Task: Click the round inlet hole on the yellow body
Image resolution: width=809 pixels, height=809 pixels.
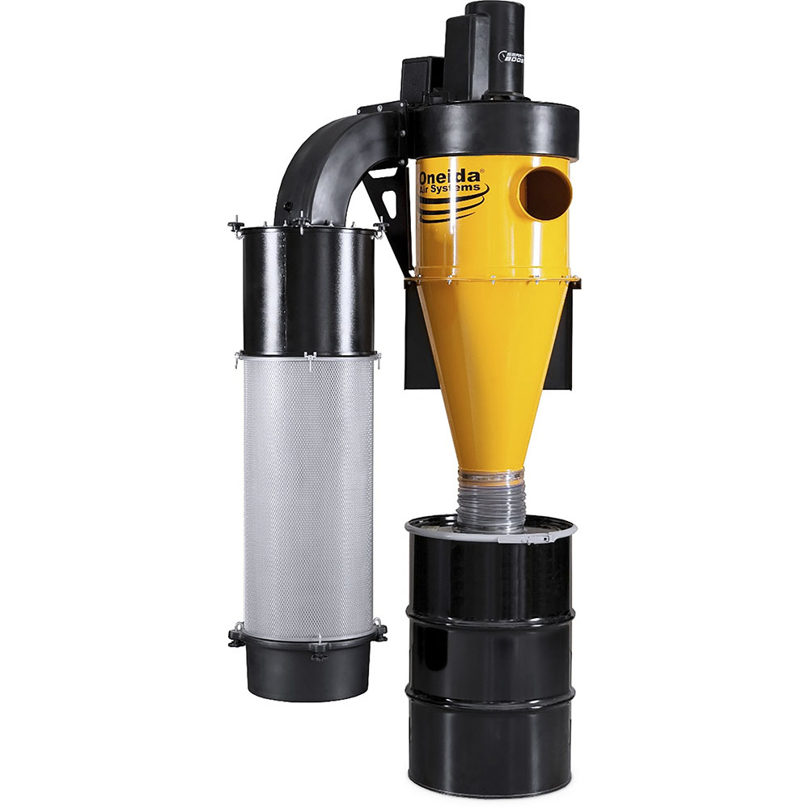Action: (544, 194)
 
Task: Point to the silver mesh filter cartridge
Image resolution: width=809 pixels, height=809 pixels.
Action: (308, 493)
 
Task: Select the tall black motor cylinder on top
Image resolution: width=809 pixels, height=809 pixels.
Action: (495, 49)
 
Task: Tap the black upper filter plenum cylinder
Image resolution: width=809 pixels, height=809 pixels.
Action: (308, 291)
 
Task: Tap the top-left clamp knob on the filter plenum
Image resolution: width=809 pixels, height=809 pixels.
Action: (236, 226)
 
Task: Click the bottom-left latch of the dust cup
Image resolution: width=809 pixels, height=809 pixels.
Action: (236, 635)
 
